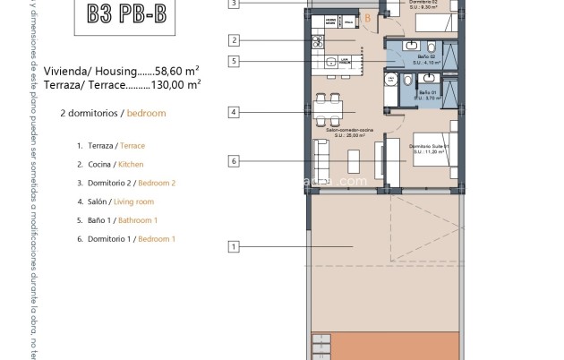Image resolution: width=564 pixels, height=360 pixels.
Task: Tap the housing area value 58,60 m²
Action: [x=175, y=70]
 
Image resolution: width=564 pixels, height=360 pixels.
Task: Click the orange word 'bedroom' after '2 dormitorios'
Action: [x=146, y=114]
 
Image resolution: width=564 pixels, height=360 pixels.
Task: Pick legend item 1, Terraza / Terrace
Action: [x=111, y=145]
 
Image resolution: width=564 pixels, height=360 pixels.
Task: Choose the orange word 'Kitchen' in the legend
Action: [x=131, y=164]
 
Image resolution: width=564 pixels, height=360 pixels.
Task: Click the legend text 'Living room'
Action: [x=135, y=201]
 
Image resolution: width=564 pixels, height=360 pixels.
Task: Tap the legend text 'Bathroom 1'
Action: [x=138, y=220]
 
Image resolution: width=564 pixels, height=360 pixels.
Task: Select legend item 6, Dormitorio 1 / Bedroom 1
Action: [x=126, y=239]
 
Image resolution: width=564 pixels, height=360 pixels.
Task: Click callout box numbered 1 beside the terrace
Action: [x=234, y=246]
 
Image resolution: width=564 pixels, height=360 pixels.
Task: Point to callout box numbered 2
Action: [x=234, y=39]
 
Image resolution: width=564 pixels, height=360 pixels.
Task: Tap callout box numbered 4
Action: [x=234, y=113]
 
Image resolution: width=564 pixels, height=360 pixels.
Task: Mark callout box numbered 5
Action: [x=234, y=61]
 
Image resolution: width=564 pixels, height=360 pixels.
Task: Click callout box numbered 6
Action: [x=234, y=161]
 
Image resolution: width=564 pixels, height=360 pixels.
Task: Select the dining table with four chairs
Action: [x=330, y=107]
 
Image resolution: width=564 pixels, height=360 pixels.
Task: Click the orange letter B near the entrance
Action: [x=368, y=17]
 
